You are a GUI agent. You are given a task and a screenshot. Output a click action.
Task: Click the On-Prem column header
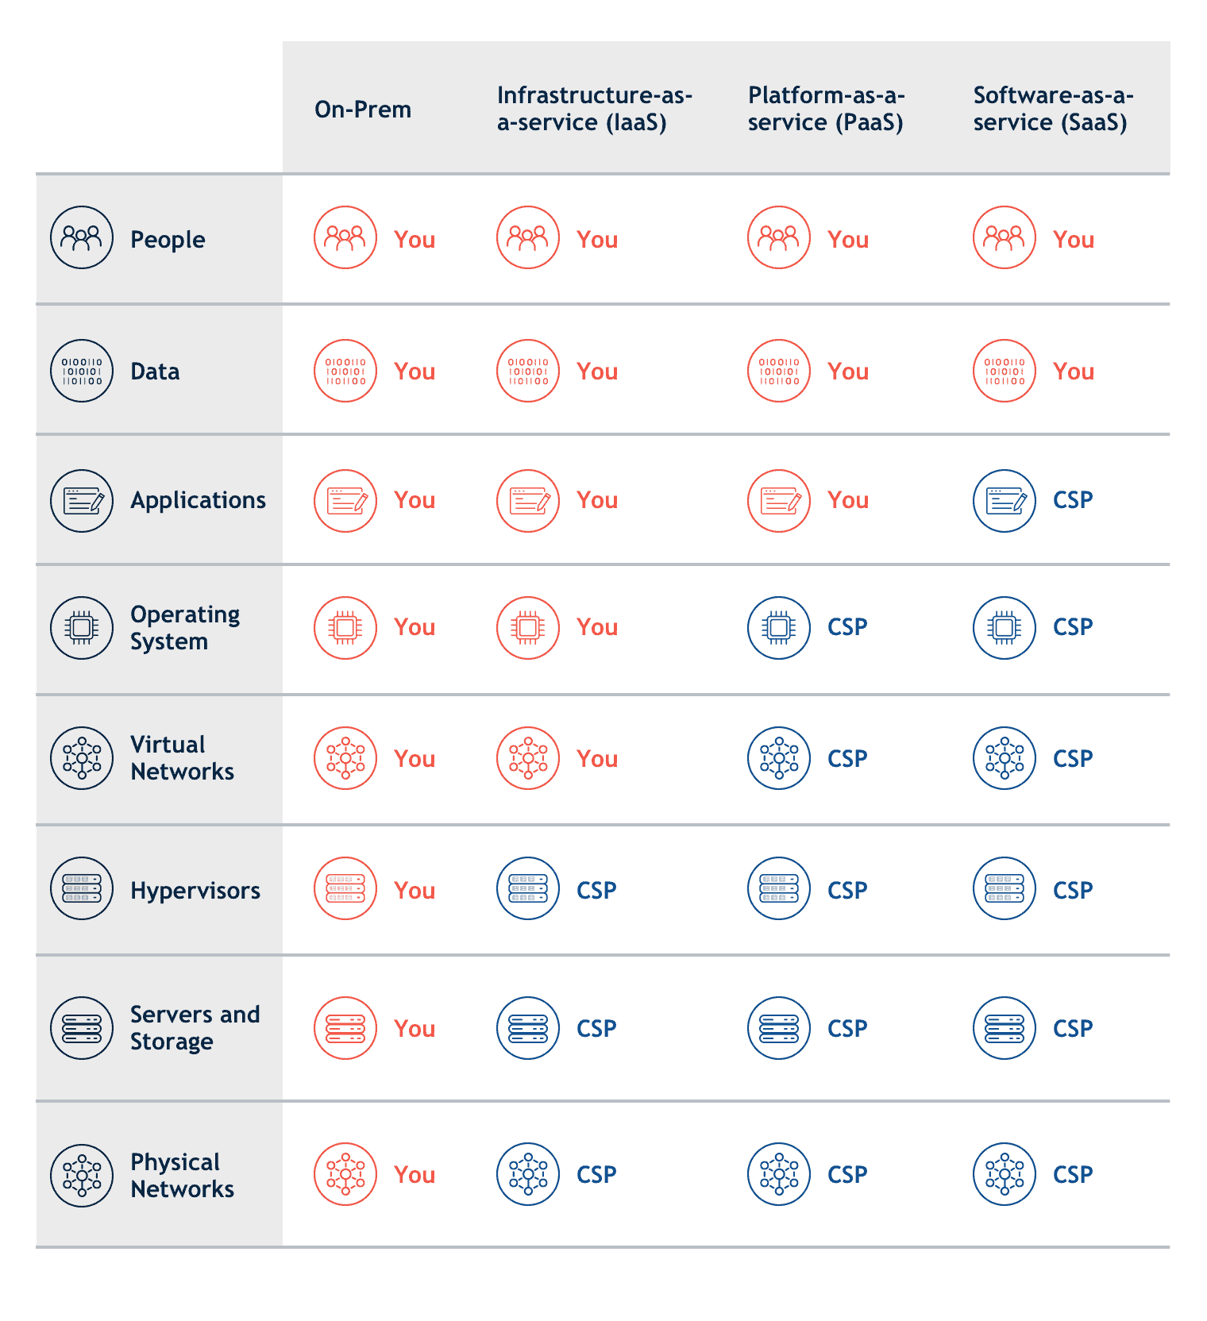[363, 110]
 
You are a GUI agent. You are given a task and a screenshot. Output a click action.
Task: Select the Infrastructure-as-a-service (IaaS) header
[595, 109]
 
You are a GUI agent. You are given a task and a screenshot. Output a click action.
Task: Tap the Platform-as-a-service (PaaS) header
[827, 109]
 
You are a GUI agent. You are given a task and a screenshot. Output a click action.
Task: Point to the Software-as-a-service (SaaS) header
[1054, 109]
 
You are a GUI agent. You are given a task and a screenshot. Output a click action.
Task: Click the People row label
[168, 240]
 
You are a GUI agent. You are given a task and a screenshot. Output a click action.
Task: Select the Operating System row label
[185, 628]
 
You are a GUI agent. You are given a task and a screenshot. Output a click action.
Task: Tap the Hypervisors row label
[195, 891]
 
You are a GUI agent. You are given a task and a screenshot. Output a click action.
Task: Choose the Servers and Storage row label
[195, 1028]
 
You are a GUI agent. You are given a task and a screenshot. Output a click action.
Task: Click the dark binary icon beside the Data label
[82, 371]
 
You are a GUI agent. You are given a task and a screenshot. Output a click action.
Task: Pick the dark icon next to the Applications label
[82, 501]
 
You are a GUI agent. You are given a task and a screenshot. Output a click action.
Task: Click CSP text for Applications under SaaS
[1073, 500]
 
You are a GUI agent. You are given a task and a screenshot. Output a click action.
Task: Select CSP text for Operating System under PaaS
[847, 627]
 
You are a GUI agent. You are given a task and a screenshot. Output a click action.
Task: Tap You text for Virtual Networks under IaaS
[597, 759]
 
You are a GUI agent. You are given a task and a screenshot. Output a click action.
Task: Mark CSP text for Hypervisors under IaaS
[596, 891]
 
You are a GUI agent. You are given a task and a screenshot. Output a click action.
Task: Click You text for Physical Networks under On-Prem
[415, 1175]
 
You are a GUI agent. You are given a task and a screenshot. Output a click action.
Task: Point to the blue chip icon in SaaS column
[1005, 628]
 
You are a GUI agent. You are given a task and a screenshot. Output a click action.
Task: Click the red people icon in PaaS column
[779, 237]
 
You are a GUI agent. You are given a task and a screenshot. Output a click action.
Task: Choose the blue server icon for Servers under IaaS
[528, 1028]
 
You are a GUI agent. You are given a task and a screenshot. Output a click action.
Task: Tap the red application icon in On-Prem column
[345, 501]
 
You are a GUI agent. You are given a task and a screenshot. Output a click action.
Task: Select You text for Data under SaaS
[1074, 372]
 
